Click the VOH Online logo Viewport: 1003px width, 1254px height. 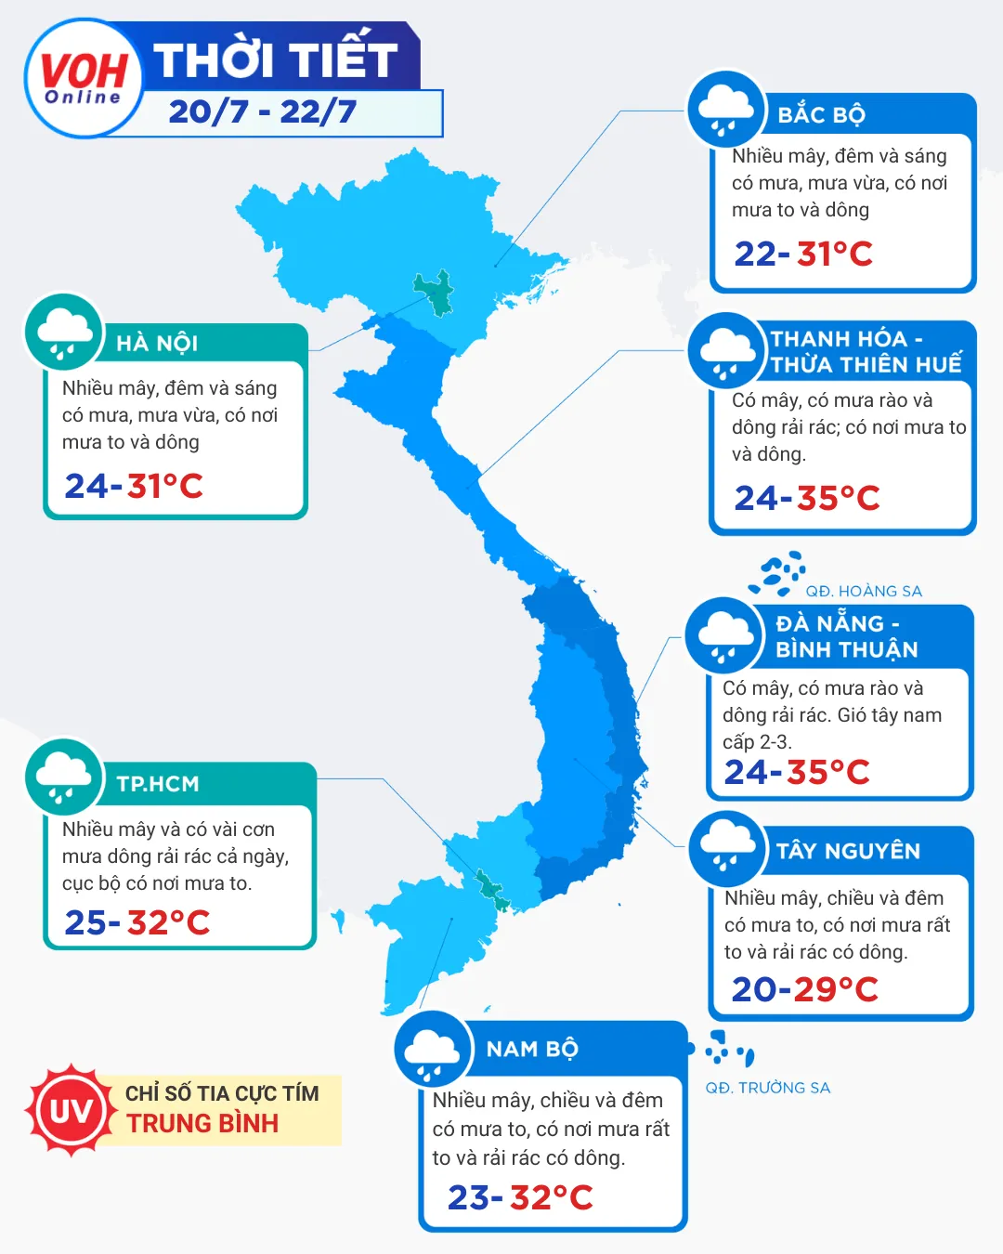84,79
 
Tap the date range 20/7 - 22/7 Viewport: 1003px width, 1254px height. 263,112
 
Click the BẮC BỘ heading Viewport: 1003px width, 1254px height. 821,115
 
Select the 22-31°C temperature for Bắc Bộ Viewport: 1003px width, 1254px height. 803,254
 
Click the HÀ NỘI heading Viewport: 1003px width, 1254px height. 157,344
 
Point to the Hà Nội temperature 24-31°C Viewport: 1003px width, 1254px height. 134,486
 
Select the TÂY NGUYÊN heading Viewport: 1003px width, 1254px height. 848,852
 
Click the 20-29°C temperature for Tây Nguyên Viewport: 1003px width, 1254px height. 804,989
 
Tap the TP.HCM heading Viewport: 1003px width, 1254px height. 158,784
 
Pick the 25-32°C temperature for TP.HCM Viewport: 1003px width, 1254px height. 137,922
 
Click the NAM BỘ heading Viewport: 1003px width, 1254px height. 532,1050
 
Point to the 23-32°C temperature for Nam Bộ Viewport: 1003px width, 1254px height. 520,1197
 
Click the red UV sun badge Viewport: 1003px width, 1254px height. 71,1111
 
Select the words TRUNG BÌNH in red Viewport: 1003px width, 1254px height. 202,1124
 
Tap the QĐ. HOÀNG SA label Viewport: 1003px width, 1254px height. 864,592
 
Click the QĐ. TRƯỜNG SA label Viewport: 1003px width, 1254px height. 767,1088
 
